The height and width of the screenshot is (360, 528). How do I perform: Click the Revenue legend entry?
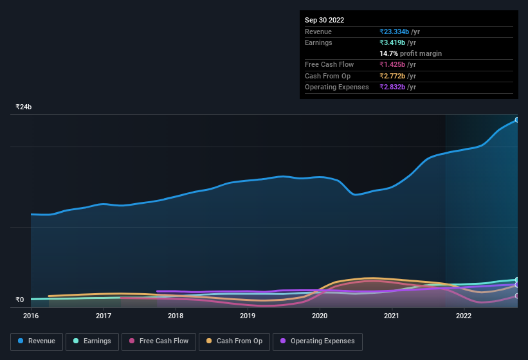click(x=37, y=341)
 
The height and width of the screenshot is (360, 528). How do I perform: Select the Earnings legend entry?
click(x=92, y=341)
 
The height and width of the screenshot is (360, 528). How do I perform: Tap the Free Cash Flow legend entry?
click(x=159, y=341)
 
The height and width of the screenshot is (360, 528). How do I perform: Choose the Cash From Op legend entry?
click(x=234, y=341)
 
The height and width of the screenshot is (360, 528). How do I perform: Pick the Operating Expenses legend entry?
click(x=317, y=341)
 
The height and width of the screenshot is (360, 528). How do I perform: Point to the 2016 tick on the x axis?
click(x=31, y=316)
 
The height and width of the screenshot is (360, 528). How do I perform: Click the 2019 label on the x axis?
click(x=248, y=316)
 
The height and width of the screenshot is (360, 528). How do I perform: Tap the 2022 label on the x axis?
click(x=464, y=316)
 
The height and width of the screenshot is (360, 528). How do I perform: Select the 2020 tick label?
click(x=320, y=316)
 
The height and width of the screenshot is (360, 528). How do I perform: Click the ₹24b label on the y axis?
click(x=24, y=107)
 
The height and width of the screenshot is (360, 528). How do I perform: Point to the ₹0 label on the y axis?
click(x=19, y=300)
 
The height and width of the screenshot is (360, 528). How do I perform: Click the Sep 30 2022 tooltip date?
click(x=324, y=20)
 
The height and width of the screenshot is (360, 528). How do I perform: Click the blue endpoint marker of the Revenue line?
click(x=517, y=120)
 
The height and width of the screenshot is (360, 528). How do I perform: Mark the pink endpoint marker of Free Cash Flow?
click(x=517, y=296)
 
